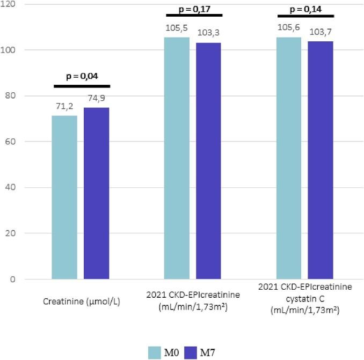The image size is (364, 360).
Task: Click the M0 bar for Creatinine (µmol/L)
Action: coord(64,197)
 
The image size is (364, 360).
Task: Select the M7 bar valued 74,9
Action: coord(96,193)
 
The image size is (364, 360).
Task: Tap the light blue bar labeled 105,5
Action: coord(177,158)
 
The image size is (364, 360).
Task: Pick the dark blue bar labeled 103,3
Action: coord(208,161)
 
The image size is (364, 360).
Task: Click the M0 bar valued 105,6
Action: coord(289,158)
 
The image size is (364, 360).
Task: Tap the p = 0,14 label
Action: coord(306,9)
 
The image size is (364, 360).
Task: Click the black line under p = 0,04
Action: coord(82,86)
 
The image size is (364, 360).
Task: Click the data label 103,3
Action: coord(208,33)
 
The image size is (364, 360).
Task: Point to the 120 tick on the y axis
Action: coord(8,4)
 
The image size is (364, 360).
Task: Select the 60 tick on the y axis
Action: coord(10,142)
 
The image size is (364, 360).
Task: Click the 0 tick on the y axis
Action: coord(12,280)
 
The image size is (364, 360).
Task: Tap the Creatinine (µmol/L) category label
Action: coord(81,302)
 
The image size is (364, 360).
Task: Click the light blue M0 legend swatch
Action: coord(155,352)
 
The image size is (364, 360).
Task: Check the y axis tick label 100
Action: coord(8,50)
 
